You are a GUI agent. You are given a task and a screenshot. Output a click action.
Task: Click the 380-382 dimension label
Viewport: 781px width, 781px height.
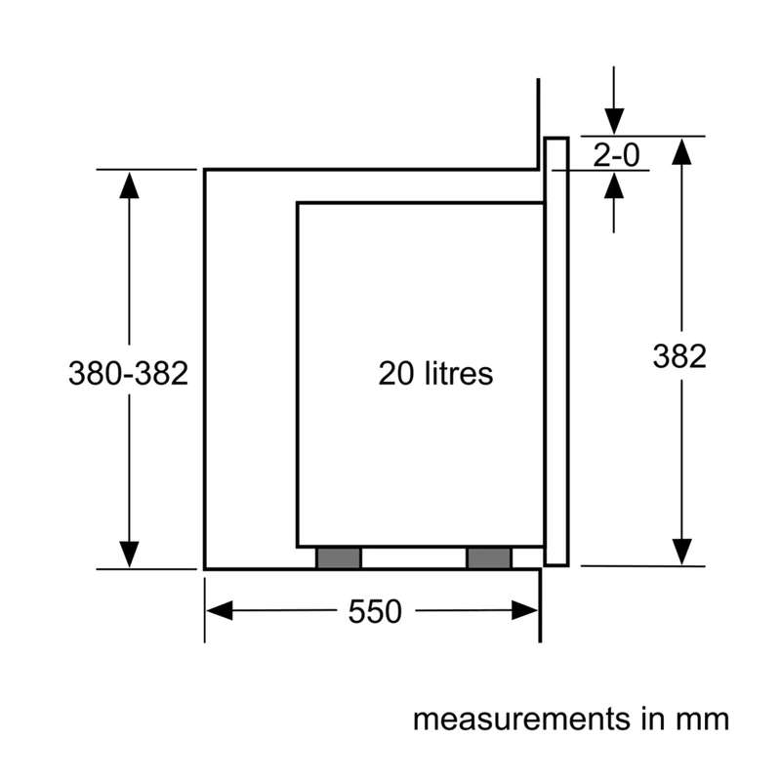129,373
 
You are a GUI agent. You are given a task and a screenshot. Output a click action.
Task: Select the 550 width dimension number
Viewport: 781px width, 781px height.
375,611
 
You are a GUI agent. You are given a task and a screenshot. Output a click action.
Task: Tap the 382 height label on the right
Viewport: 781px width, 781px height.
679,356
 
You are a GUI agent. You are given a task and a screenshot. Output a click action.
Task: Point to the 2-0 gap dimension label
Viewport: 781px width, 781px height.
616,155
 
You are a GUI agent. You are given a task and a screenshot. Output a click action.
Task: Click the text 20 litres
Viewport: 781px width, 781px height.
435,373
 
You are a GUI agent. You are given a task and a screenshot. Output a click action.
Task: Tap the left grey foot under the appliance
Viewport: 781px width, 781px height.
339,557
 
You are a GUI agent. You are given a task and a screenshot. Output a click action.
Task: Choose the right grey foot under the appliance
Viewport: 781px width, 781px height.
489,557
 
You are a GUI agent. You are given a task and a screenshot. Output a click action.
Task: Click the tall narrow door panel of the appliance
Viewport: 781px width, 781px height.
556,351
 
